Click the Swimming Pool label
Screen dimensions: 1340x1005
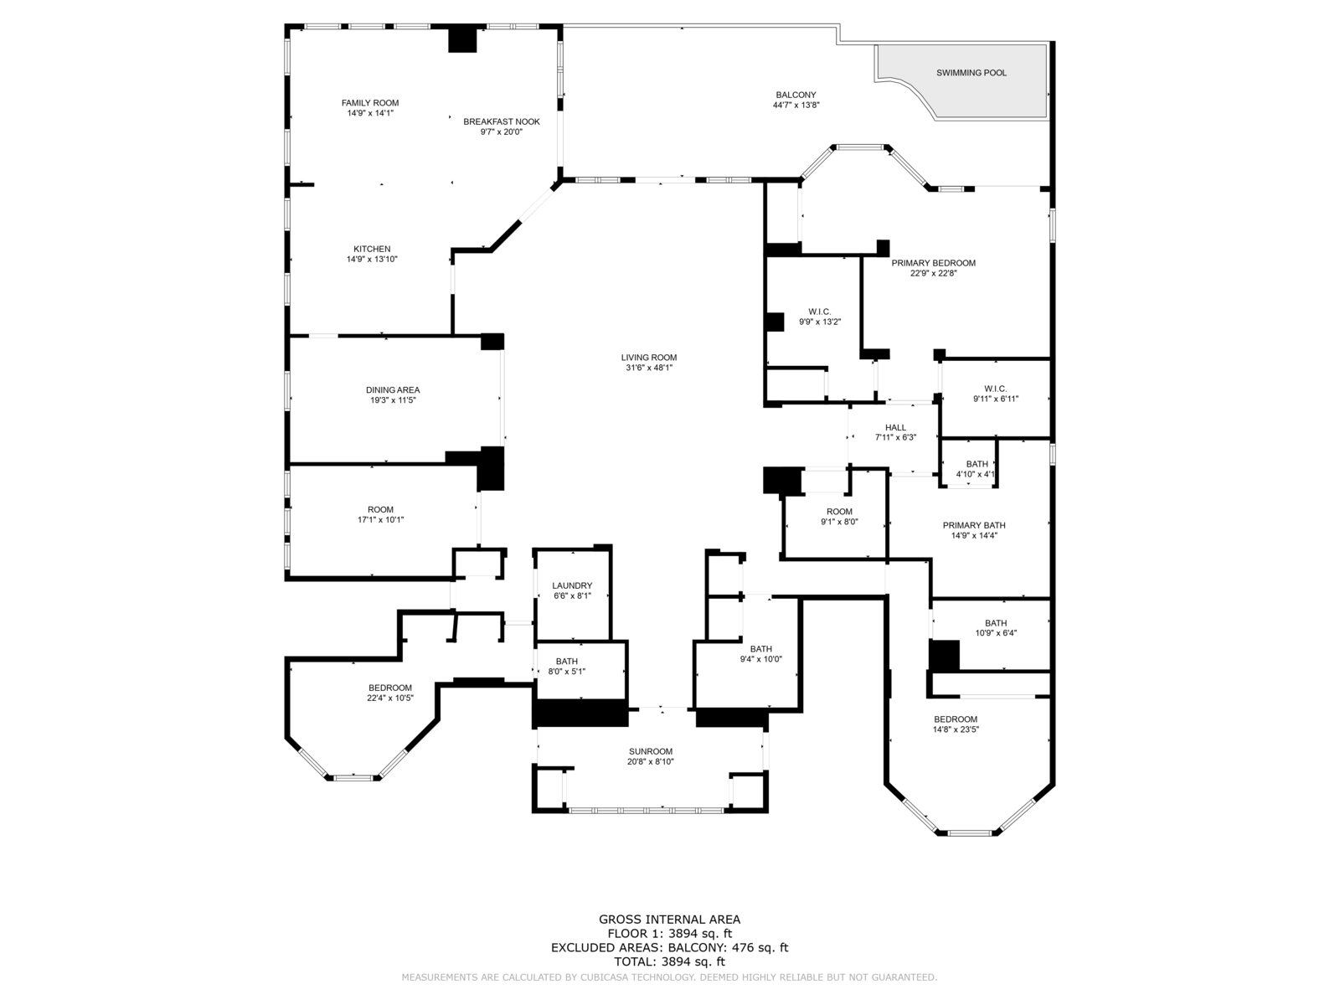point(971,73)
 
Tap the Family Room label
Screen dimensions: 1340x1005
point(370,103)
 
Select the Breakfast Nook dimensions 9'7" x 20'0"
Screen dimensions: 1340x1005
point(502,131)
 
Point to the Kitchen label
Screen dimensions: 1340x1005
point(372,249)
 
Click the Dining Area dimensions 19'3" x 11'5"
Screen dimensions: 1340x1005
point(393,400)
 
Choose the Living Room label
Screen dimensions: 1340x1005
point(649,358)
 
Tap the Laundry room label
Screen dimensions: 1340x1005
point(572,585)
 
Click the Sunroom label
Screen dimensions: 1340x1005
point(651,751)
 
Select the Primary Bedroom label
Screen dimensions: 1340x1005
point(933,263)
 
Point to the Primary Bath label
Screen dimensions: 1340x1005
point(974,526)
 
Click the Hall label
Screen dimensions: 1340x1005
point(895,427)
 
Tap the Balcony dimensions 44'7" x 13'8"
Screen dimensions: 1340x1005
point(796,106)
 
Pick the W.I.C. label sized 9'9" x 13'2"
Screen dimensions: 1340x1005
point(820,312)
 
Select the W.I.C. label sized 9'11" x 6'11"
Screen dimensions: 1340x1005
point(996,389)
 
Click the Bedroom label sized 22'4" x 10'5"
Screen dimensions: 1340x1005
point(390,688)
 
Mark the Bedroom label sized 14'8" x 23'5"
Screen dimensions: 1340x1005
point(956,719)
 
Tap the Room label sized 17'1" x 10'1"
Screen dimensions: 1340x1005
point(380,509)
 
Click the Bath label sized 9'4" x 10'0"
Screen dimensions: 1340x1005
point(761,649)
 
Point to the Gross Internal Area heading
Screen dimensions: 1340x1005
point(669,920)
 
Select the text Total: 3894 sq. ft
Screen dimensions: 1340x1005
point(669,962)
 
